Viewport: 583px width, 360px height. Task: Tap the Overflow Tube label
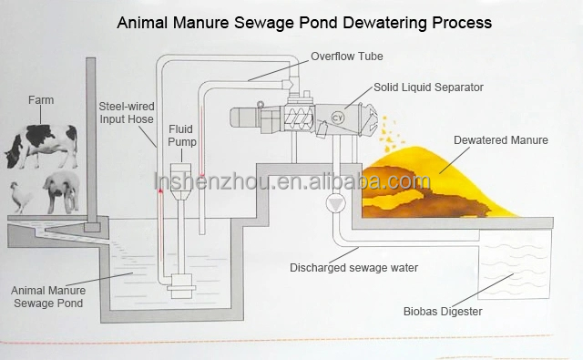point(346,57)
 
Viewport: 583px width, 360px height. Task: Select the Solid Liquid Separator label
point(428,87)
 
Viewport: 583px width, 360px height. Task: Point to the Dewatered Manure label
point(500,140)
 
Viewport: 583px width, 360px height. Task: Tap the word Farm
point(41,100)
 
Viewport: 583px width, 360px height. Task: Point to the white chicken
point(20,196)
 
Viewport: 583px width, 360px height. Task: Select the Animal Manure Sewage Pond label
point(47,297)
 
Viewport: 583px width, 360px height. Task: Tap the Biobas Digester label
point(443,312)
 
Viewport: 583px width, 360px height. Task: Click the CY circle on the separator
point(339,116)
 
